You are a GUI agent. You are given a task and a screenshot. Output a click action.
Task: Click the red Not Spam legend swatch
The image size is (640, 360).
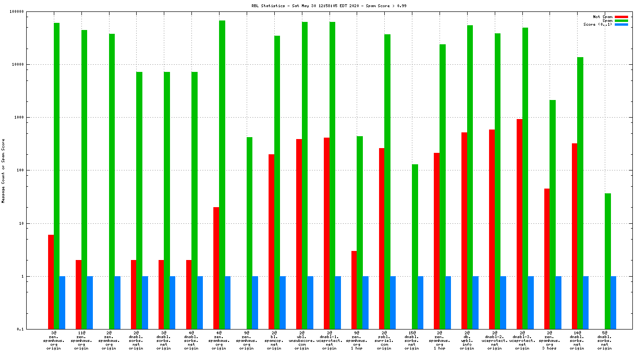621,17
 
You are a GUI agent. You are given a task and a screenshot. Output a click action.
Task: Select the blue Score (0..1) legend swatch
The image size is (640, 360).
621,24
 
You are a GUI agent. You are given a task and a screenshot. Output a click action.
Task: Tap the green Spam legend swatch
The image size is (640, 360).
621,20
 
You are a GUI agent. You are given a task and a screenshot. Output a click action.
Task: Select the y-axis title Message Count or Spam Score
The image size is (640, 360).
3,171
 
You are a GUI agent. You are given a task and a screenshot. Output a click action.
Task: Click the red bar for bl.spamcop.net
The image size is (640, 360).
271,241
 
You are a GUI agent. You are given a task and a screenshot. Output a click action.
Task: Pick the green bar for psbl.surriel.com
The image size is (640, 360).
387,181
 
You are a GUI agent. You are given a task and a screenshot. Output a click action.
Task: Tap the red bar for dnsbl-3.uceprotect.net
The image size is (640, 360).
520,224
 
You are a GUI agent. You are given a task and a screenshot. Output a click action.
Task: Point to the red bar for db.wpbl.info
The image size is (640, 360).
464,230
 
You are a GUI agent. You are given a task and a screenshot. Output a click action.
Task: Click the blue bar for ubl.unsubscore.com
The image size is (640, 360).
310,302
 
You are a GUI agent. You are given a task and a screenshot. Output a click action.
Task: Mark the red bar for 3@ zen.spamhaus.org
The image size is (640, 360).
51,281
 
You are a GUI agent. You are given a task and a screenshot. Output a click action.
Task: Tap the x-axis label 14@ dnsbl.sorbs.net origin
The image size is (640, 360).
577,340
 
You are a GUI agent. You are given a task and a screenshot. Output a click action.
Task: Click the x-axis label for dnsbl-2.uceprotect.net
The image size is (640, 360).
494,340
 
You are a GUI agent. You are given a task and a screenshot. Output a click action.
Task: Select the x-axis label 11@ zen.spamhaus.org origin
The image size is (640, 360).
81,340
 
